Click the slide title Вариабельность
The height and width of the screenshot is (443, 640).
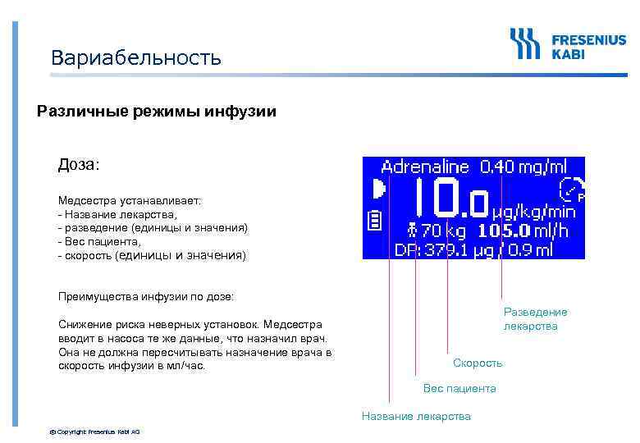135,58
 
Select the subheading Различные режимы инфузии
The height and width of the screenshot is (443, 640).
157,112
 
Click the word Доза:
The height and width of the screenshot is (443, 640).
78,165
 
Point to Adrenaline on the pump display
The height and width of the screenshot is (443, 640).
426,167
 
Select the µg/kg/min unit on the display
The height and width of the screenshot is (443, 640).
533,211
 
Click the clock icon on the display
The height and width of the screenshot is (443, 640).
571,190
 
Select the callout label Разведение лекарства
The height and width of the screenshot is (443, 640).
535,319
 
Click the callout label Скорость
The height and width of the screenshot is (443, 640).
478,363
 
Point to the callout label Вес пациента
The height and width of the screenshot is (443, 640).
459,388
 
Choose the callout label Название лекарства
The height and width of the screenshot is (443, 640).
416,416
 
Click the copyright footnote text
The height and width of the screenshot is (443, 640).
95,431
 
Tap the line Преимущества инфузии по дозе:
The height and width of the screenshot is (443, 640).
146,295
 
